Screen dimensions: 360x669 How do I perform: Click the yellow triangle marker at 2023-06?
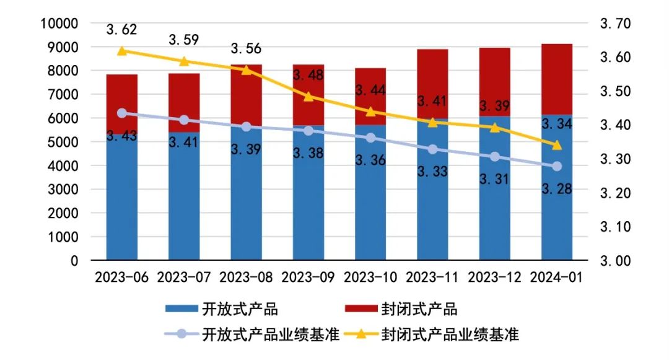pyautogui.click(x=122, y=51)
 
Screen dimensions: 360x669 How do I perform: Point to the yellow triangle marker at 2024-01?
pyautogui.click(x=556, y=145)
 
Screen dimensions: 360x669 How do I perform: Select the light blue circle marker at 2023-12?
pyautogui.click(x=494, y=157)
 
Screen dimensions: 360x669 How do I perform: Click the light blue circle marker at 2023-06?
pyautogui.click(x=122, y=113)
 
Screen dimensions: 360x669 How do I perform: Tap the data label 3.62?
pyautogui.click(x=121, y=29)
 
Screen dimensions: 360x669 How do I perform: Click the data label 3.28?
pyautogui.click(x=556, y=188)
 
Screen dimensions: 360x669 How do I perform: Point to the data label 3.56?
pyautogui.click(x=246, y=48)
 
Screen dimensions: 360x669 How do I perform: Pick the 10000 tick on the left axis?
pyautogui.click(x=59, y=24)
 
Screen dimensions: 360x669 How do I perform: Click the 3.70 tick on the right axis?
pyautogui.click(x=614, y=24)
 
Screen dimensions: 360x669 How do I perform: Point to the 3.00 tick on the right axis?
pyautogui.click(x=614, y=261)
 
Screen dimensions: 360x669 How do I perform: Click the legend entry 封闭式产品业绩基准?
pyautogui.click(x=450, y=335)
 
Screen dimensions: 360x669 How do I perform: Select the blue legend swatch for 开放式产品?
pyautogui.click(x=181, y=308)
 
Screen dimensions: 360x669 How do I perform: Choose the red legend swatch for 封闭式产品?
pyautogui.click(x=361, y=308)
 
